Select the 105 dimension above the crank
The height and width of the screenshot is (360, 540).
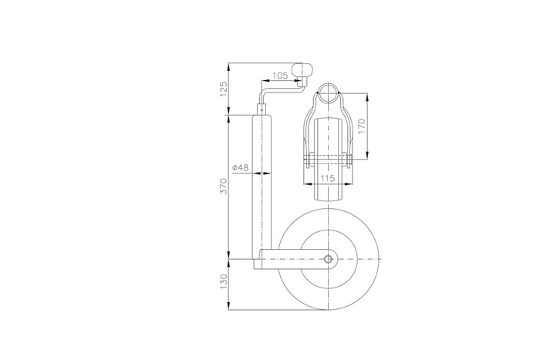(280, 75)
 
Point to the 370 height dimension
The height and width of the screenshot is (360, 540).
(224, 187)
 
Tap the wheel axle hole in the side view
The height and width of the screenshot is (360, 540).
(329, 260)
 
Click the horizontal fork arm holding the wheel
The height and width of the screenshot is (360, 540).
(289, 260)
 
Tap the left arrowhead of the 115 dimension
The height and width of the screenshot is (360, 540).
(316, 184)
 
